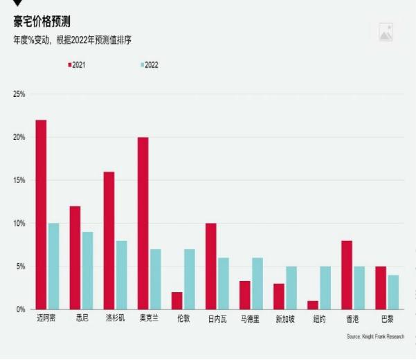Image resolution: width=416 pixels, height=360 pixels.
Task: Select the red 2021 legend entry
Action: click(x=77, y=64)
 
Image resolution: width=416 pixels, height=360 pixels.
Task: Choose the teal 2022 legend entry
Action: click(x=150, y=64)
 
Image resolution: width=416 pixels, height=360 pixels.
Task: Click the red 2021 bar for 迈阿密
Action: click(x=41, y=215)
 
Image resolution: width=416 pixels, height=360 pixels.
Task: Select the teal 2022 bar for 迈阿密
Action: click(x=53, y=267)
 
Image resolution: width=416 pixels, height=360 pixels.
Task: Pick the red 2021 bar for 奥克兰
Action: click(x=143, y=223)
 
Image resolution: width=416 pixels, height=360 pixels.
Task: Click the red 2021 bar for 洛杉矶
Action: click(x=109, y=240)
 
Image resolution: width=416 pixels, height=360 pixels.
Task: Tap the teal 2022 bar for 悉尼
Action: click(x=87, y=271)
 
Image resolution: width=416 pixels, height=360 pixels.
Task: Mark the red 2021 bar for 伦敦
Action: click(x=177, y=300)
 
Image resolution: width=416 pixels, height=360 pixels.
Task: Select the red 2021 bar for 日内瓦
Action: click(x=211, y=267)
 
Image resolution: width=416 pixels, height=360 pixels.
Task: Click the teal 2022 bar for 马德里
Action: click(x=257, y=284)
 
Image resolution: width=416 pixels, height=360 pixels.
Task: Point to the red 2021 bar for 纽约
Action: click(x=313, y=305)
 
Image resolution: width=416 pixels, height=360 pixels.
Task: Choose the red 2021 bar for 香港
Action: click(x=347, y=275)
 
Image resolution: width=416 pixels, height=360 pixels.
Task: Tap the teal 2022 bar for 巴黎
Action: click(x=393, y=292)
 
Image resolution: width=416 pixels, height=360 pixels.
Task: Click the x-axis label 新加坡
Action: click(x=285, y=319)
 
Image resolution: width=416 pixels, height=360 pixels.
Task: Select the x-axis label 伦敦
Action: click(x=183, y=319)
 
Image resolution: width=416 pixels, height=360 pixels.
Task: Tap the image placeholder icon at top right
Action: click(x=386, y=32)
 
